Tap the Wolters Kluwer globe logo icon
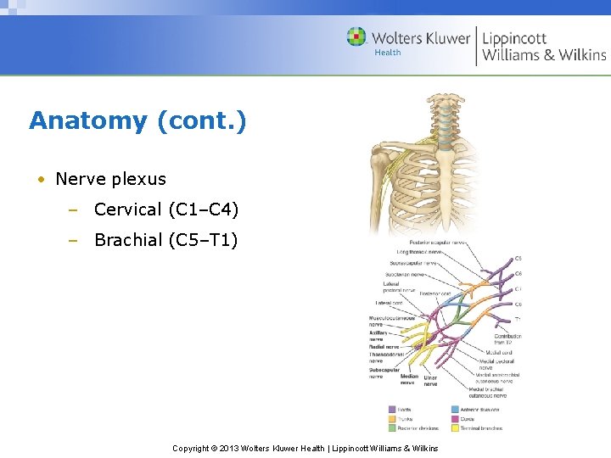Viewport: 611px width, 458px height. click(356, 36)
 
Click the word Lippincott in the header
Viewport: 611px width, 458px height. click(514, 38)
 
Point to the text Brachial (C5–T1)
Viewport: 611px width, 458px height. click(165, 240)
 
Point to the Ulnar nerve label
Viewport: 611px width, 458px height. click(431, 381)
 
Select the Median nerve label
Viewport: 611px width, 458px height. click(408, 379)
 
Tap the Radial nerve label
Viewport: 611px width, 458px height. click(384, 347)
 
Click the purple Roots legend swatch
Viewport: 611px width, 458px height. click(392, 409)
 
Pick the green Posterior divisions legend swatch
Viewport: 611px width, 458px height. click(392, 427)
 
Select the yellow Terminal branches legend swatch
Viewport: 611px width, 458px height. click(456, 427)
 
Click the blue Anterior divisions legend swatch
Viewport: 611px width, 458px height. click(456, 409)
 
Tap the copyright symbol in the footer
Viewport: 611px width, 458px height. click(216, 448)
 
